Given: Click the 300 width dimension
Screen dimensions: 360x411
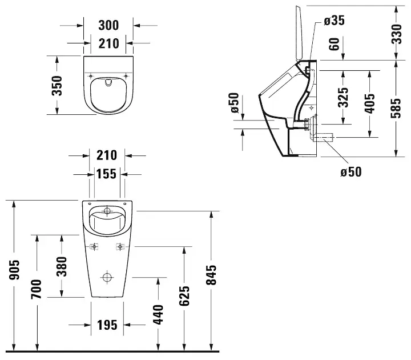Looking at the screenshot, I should (x=108, y=25).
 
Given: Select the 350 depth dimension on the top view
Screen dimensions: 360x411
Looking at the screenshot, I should (x=57, y=85).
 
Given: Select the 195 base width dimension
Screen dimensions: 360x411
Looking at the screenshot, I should (x=107, y=325).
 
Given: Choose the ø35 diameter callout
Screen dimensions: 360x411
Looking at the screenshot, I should (x=334, y=21).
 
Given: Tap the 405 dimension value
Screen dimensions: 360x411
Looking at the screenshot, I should (x=370, y=103).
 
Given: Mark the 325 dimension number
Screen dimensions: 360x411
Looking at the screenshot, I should (x=342, y=97).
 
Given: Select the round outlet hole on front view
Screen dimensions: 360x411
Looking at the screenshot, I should (x=107, y=278).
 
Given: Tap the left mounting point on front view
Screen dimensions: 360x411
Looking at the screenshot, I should (x=94, y=247).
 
